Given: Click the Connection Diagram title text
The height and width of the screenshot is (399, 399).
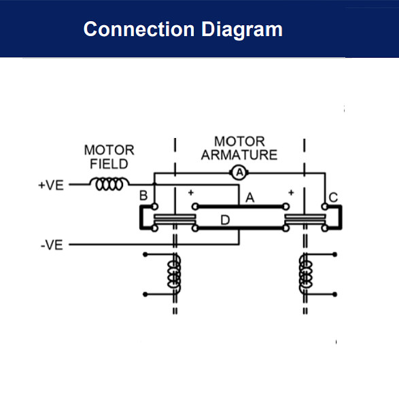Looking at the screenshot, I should (x=183, y=30).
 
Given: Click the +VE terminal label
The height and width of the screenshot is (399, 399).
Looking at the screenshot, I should (x=51, y=184).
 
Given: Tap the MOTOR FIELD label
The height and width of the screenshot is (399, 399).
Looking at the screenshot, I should (x=109, y=156).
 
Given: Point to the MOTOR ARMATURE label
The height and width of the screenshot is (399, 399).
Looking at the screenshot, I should (x=239, y=148).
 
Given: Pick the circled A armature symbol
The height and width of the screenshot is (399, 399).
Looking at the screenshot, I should (x=239, y=173).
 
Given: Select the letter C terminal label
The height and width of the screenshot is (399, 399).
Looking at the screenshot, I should (x=332, y=198).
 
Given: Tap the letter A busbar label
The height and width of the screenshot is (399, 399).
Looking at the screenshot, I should (x=249, y=198).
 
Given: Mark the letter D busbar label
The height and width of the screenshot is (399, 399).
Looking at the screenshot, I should (x=225, y=220).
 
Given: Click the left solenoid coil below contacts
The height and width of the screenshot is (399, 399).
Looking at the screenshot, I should (x=175, y=274).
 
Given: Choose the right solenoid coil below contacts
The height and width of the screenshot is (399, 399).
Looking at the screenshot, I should (x=305, y=274).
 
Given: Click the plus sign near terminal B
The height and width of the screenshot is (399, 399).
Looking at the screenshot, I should (x=191, y=193).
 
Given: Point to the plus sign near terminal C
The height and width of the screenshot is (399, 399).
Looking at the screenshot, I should (x=291, y=193).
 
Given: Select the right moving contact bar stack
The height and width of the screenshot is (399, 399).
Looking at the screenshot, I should (x=304, y=218).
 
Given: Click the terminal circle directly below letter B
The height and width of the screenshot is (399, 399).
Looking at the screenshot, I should (x=155, y=207).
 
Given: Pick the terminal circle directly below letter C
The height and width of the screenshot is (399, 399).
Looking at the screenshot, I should (x=325, y=207).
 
